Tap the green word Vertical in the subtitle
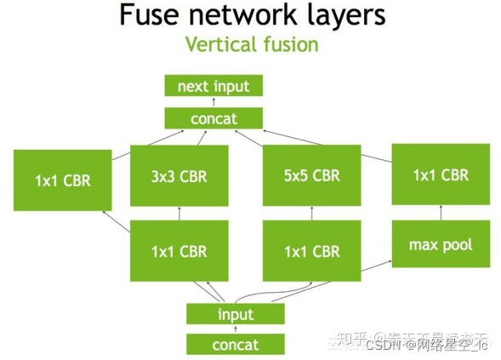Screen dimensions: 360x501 point(220,44)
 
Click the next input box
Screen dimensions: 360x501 point(213,86)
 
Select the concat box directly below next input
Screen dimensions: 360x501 point(213,118)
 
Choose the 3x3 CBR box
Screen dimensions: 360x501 point(179,176)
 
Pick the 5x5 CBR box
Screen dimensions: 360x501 point(313,176)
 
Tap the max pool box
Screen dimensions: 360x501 point(440,245)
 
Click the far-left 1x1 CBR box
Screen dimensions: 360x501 point(62,180)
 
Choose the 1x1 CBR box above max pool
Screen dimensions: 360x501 point(440,174)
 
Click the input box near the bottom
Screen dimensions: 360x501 point(236,314)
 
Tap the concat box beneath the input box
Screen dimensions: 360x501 point(236,344)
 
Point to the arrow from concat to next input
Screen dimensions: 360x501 point(213,102)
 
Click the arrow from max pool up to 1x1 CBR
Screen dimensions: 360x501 point(440,214)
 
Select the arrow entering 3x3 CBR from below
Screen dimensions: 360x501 point(179,214)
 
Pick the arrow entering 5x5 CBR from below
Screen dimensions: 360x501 point(313,214)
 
